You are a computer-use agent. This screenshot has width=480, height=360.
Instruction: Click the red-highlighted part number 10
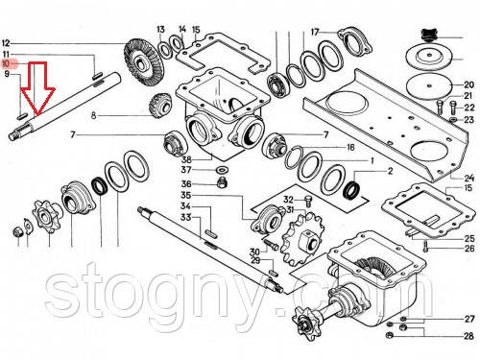pyautogui.click(x=6, y=63)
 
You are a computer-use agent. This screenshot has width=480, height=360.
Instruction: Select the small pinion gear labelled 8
pyautogui.click(x=161, y=106)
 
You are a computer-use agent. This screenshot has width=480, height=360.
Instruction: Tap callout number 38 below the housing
pyautogui.click(x=187, y=159)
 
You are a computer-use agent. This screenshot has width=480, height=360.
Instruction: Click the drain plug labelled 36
pyautogui.click(x=221, y=183)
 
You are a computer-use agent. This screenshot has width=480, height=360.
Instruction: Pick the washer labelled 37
pyautogui.click(x=221, y=169)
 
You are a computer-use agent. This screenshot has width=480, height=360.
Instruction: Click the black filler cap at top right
pyautogui.click(x=430, y=34)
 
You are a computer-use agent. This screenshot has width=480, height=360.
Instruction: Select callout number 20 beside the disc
pyautogui.click(x=468, y=84)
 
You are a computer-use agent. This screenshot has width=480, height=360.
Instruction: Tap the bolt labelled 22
pyautogui.click(x=452, y=108)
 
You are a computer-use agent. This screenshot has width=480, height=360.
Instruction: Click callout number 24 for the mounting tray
pyautogui.click(x=469, y=178)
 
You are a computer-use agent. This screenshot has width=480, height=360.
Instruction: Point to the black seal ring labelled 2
pyautogui.click(x=351, y=189)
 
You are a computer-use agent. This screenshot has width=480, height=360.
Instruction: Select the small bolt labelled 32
pyautogui.click(x=308, y=201)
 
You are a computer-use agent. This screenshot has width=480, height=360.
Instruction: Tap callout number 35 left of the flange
pyautogui.click(x=186, y=195)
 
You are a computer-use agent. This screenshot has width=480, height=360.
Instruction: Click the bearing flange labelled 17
pyautogui.click(x=355, y=42)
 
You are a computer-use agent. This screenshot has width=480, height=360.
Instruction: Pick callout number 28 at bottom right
pyautogui.click(x=468, y=336)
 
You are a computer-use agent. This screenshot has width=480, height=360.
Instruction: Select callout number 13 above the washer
pyautogui.click(x=160, y=30)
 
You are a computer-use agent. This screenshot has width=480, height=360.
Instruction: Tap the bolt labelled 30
pyautogui.click(x=271, y=245)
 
